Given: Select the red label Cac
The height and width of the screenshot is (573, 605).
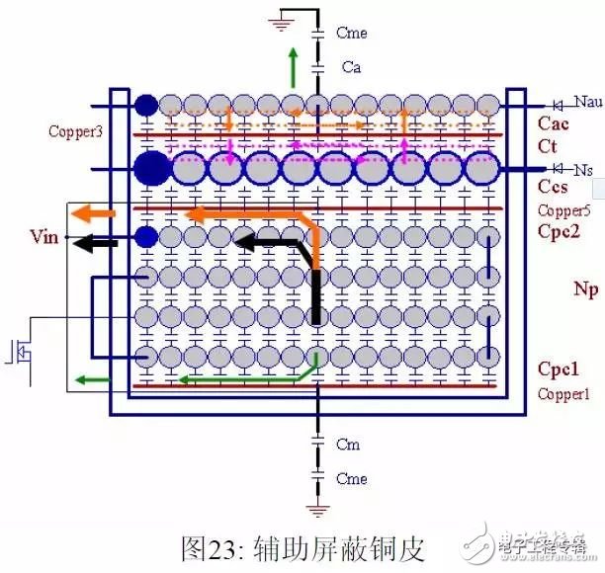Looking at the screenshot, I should click(554, 123).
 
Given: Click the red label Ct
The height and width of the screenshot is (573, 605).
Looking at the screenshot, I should click(548, 146).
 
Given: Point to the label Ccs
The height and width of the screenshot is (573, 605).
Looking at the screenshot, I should click(553, 187).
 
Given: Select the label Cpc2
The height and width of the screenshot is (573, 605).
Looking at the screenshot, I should click(560, 233).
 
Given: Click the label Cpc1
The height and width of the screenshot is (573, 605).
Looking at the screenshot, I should click(559, 369).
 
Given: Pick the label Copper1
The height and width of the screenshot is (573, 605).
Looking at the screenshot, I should click(563, 393).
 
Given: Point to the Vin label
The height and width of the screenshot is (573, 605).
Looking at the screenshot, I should click(45, 237).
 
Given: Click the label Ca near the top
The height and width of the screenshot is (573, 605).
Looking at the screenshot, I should click(351, 67).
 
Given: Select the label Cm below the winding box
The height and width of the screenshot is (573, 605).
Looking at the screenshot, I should click(348, 445).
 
